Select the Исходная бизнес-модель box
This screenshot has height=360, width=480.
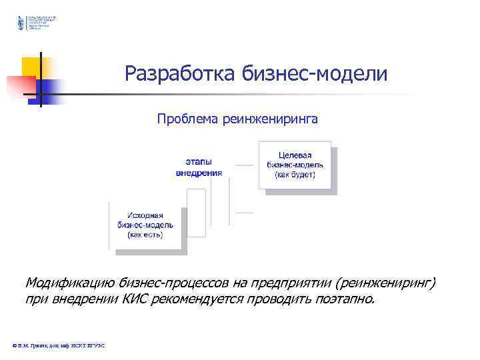pyautogui.click(x=145, y=225)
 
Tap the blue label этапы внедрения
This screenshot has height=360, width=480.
pyautogui.click(x=199, y=167)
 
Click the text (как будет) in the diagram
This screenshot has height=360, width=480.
pyautogui.click(x=295, y=175)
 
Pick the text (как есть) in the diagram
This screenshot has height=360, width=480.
pyautogui.click(x=145, y=235)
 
